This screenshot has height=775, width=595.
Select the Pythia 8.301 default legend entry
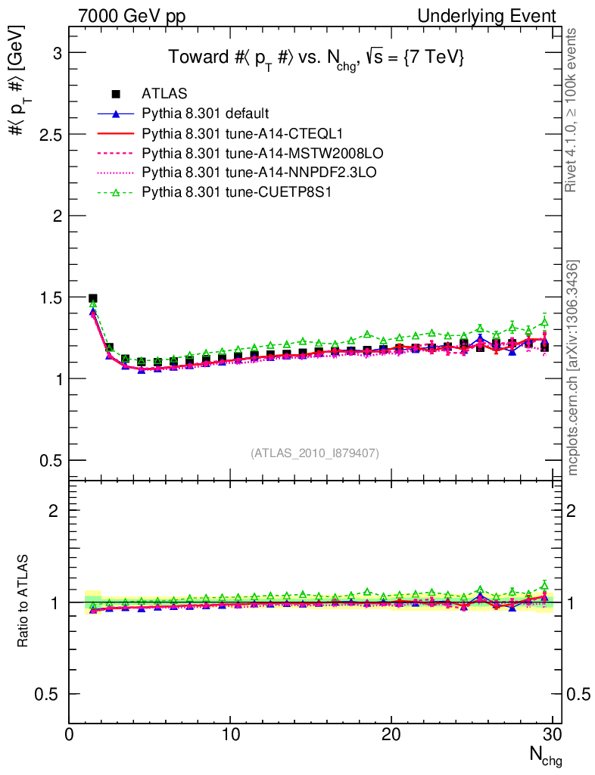coord(204,114)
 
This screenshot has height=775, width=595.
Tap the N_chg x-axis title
coord(544,755)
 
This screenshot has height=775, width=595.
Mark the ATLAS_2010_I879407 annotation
coord(315,453)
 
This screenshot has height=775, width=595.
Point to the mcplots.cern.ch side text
coord(573,367)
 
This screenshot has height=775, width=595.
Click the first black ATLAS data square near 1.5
coord(93,299)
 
